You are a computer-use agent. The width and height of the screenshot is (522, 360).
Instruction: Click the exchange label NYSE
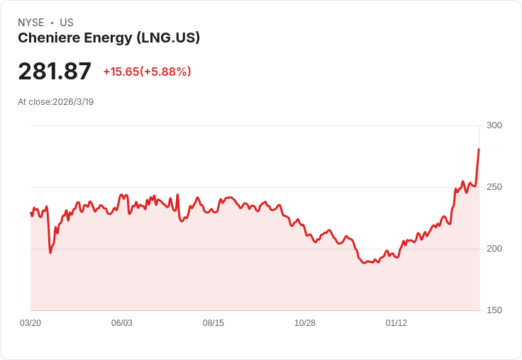click(31, 23)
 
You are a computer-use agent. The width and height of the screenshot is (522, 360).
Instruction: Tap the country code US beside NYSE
click(67, 23)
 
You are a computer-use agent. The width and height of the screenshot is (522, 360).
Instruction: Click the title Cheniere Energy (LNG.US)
click(109, 38)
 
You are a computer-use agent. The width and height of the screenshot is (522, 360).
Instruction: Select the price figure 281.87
click(55, 71)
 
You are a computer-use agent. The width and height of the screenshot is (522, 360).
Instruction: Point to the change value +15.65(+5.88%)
click(147, 72)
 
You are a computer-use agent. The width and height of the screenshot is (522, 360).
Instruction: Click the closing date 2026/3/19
click(73, 102)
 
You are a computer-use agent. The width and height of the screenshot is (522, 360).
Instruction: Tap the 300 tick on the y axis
click(494, 125)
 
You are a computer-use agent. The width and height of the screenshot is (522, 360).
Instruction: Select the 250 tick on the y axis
click(494, 187)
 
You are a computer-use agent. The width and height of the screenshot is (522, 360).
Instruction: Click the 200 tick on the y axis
click(494, 249)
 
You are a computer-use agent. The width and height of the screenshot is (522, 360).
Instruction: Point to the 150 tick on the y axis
click(494, 310)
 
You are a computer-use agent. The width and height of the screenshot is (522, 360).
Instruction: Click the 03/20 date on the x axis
click(30, 323)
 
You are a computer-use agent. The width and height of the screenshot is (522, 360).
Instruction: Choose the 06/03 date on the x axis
click(122, 323)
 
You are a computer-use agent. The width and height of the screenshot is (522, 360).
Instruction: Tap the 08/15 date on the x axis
click(213, 323)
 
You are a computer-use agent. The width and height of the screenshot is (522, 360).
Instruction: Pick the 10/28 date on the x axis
click(305, 323)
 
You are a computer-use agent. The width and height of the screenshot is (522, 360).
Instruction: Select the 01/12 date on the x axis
click(396, 323)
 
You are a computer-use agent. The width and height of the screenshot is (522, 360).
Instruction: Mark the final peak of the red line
click(479, 149)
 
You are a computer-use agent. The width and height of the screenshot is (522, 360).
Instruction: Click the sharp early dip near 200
click(50, 252)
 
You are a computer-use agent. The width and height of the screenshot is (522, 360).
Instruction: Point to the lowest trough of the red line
click(365, 263)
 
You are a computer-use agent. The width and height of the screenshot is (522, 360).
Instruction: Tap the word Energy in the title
click(108, 38)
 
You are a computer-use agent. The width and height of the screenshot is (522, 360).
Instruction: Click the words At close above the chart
click(34, 102)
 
